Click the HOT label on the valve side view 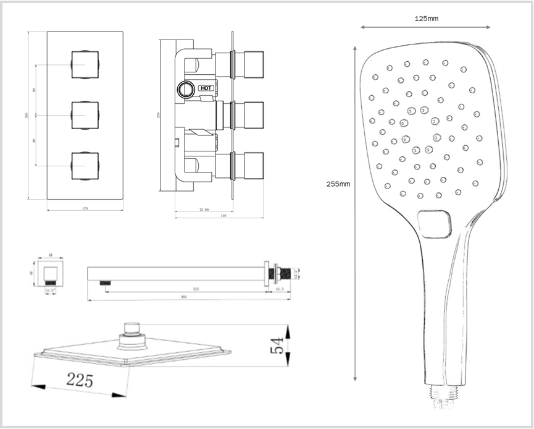pyautogui.click(x=206, y=88)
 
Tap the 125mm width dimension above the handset pyautogui.click(x=427, y=19)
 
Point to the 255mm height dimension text pyautogui.click(x=338, y=184)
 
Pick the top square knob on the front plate pyautogui.click(x=85, y=65)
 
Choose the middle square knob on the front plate pyautogui.click(x=85, y=115)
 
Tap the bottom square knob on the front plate pyautogui.click(x=85, y=165)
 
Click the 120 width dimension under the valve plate pyautogui.click(x=85, y=209)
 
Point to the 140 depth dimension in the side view pyautogui.click(x=223, y=216)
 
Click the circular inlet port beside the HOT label pyautogui.click(x=184, y=88)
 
